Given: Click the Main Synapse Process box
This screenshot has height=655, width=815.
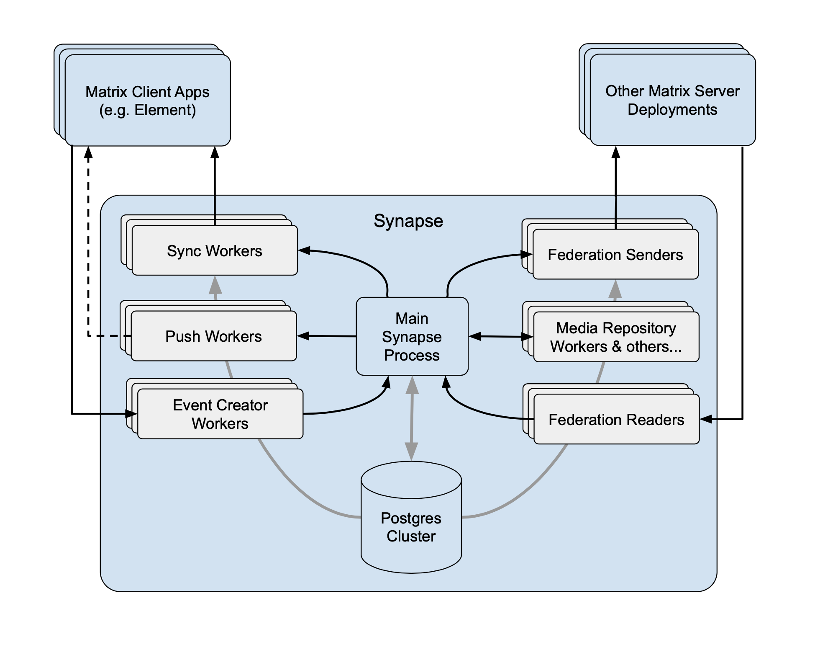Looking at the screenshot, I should coord(412,336).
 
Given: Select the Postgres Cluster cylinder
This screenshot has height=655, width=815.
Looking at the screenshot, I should coord(411,527).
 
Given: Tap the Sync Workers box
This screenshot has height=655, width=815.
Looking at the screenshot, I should coord(214,250).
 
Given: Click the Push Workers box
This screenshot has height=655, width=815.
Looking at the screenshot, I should coord(213,336).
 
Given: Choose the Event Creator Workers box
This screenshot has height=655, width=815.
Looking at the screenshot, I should coord(220,414).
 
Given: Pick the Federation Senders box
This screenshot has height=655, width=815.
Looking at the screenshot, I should coord(615,254).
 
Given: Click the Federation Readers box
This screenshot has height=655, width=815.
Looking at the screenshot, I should coord(616,419).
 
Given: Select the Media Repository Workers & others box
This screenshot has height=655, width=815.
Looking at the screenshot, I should coord(616,337).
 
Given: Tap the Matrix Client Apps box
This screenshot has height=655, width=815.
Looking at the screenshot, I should coord(147,101).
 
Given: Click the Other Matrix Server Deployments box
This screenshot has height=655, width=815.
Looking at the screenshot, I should coord(672,100).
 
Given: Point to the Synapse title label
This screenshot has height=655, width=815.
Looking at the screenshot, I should coord(408,221).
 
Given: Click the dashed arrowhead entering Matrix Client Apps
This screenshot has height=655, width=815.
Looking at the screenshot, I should coord(88,152).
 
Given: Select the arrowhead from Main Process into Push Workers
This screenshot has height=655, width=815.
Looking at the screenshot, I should coord(303,336).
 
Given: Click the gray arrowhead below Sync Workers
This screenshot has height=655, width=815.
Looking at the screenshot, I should coord(215,285).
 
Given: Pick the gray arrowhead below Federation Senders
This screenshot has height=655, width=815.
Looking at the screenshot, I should coord(615,289).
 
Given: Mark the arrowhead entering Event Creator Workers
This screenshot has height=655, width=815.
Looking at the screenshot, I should coord(132,414).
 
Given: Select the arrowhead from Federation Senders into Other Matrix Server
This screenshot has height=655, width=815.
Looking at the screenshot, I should coord(615,152).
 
